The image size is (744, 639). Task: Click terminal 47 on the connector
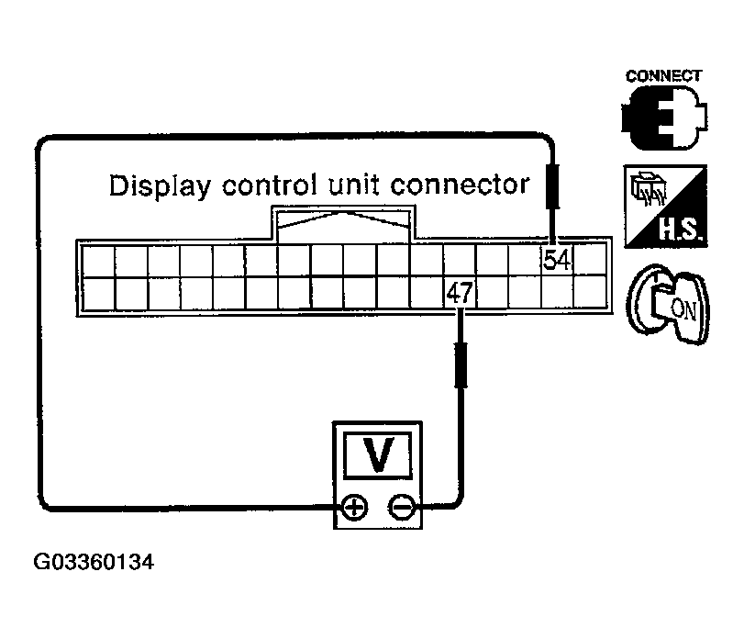[x=459, y=293]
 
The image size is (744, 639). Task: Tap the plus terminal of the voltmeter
[x=354, y=507]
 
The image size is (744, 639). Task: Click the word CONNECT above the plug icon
[x=663, y=76]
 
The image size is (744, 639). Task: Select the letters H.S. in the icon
[x=679, y=230]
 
